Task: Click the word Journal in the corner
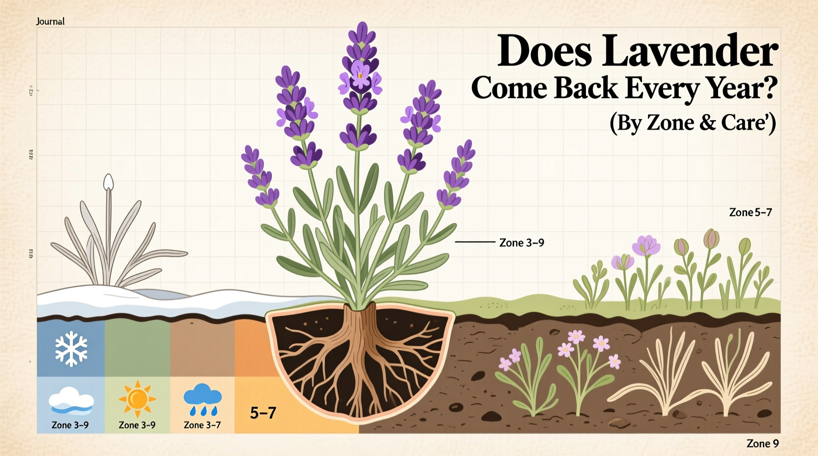50,21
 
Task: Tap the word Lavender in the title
690,51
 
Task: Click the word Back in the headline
585,88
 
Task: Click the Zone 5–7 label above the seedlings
750,212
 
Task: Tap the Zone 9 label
762,443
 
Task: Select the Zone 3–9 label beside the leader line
522,243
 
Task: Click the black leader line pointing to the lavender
474,242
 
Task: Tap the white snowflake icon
71,349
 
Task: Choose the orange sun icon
137,399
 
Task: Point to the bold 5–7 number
263,413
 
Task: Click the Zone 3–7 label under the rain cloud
202,425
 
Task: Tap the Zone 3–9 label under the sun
137,425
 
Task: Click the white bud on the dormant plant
109,183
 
